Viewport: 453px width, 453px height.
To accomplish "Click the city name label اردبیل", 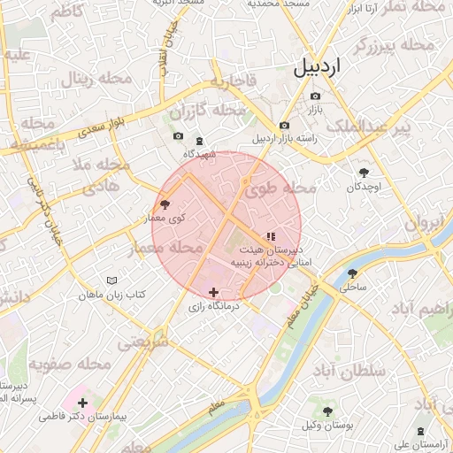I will (314, 65).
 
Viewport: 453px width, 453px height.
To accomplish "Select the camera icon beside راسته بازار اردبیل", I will (283, 126).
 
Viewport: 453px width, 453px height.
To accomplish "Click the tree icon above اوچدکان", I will (364, 173).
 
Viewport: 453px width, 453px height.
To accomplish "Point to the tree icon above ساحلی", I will (352, 273).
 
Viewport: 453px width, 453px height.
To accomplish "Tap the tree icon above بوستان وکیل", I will (327, 411).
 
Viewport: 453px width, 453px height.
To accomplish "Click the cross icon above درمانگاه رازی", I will (212, 292).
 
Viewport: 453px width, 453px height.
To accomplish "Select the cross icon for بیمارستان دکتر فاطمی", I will (82, 403).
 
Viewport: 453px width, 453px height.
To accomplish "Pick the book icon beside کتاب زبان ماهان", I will (111, 280).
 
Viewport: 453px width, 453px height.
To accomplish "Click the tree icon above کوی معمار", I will (165, 204).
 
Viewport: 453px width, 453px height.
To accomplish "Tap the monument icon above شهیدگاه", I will (198, 141).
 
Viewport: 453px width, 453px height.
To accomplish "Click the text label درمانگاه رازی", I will (211, 307).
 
